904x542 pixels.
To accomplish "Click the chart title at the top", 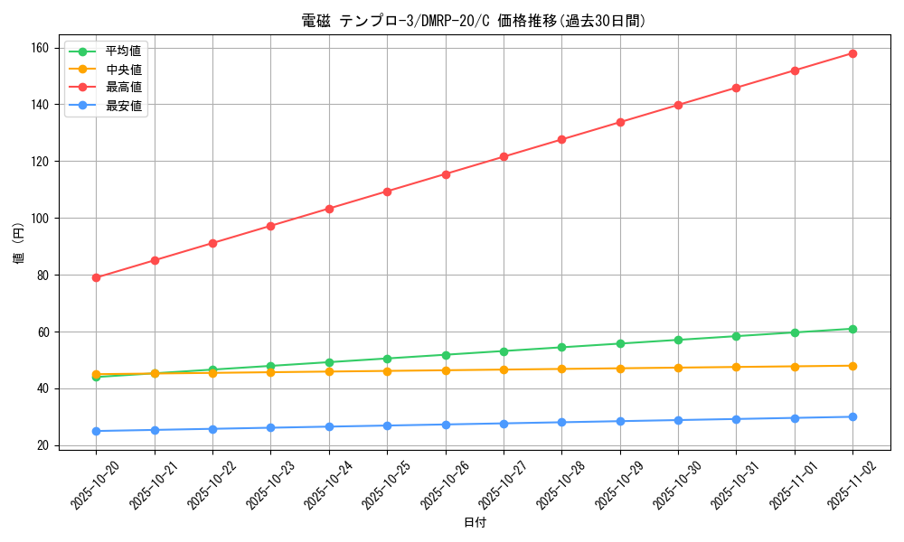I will [x=474, y=21].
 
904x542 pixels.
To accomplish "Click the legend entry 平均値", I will [x=123, y=51].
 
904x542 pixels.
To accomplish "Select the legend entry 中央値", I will [x=123, y=70].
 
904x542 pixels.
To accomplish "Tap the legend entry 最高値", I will [x=123, y=88].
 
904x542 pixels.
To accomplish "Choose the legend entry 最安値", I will [x=123, y=107].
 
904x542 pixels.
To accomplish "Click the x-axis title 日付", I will [x=475, y=523].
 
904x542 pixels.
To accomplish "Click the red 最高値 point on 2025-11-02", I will [x=852, y=53].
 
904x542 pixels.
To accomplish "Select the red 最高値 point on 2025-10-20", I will [x=97, y=277].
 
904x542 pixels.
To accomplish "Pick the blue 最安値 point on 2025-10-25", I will [x=387, y=425].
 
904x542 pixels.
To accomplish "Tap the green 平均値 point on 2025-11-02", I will [x=852, y=329].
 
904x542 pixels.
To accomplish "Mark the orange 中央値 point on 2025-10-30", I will [x=678, y=368].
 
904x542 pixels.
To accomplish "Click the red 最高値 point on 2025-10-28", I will [x=561, y=139].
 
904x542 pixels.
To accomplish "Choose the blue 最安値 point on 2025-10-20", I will [x=97, y=431].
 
